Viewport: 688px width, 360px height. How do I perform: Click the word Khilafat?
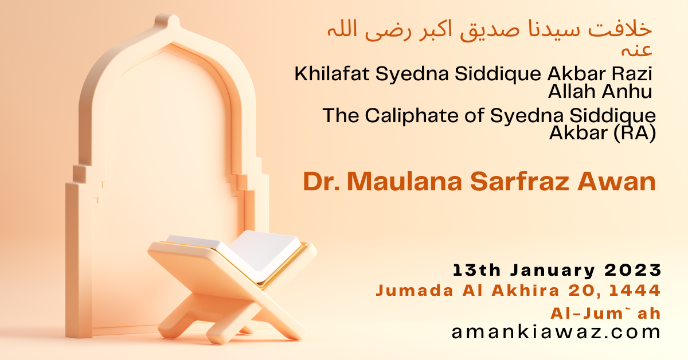(x=332, y=74)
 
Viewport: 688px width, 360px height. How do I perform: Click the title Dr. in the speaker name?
(x=321, y=182)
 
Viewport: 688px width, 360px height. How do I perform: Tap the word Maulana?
(x=405, y=182)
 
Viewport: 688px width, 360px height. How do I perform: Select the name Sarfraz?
(x=519, y=182)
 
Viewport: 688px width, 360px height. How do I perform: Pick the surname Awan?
(x=617, y=182)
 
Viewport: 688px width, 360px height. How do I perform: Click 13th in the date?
(x=476, y=271)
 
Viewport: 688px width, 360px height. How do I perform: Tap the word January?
(x=553, y=271)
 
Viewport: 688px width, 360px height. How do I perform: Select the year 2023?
(x=633, y=271)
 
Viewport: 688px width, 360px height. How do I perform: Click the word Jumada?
(x=415, y=291)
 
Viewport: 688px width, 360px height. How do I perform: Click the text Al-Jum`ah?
(x=605, y=314)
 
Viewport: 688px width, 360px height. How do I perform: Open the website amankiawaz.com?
(x=556, y=332)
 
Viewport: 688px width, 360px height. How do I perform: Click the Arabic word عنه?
(x=636, y=50)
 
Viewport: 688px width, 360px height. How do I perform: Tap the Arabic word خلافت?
(x=620, y=29)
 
